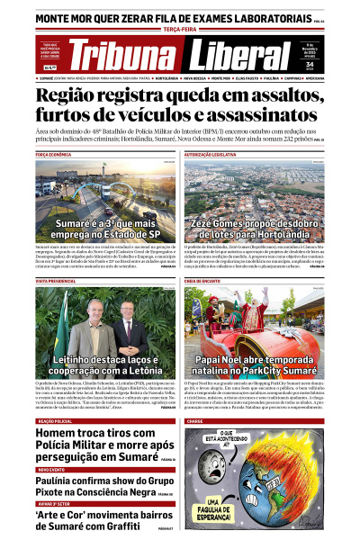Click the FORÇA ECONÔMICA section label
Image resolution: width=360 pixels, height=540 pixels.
point(55,155)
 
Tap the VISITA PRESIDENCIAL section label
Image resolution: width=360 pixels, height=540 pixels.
point(55,281)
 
